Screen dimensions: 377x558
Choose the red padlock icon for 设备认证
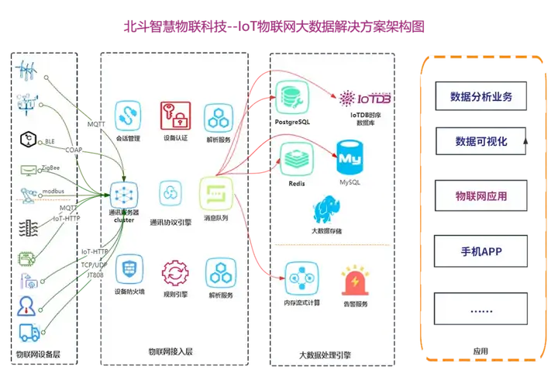[175, 116]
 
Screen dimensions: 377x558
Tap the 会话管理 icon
[127, 116]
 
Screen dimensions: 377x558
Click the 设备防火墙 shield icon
[127, 272]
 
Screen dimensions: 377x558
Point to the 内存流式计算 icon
[298, 276]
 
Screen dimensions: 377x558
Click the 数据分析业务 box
[480, 98]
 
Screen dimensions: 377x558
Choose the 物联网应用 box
[480, 196]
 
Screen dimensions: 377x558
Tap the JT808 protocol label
[91, 275]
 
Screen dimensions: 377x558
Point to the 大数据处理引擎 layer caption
[322, 355]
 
